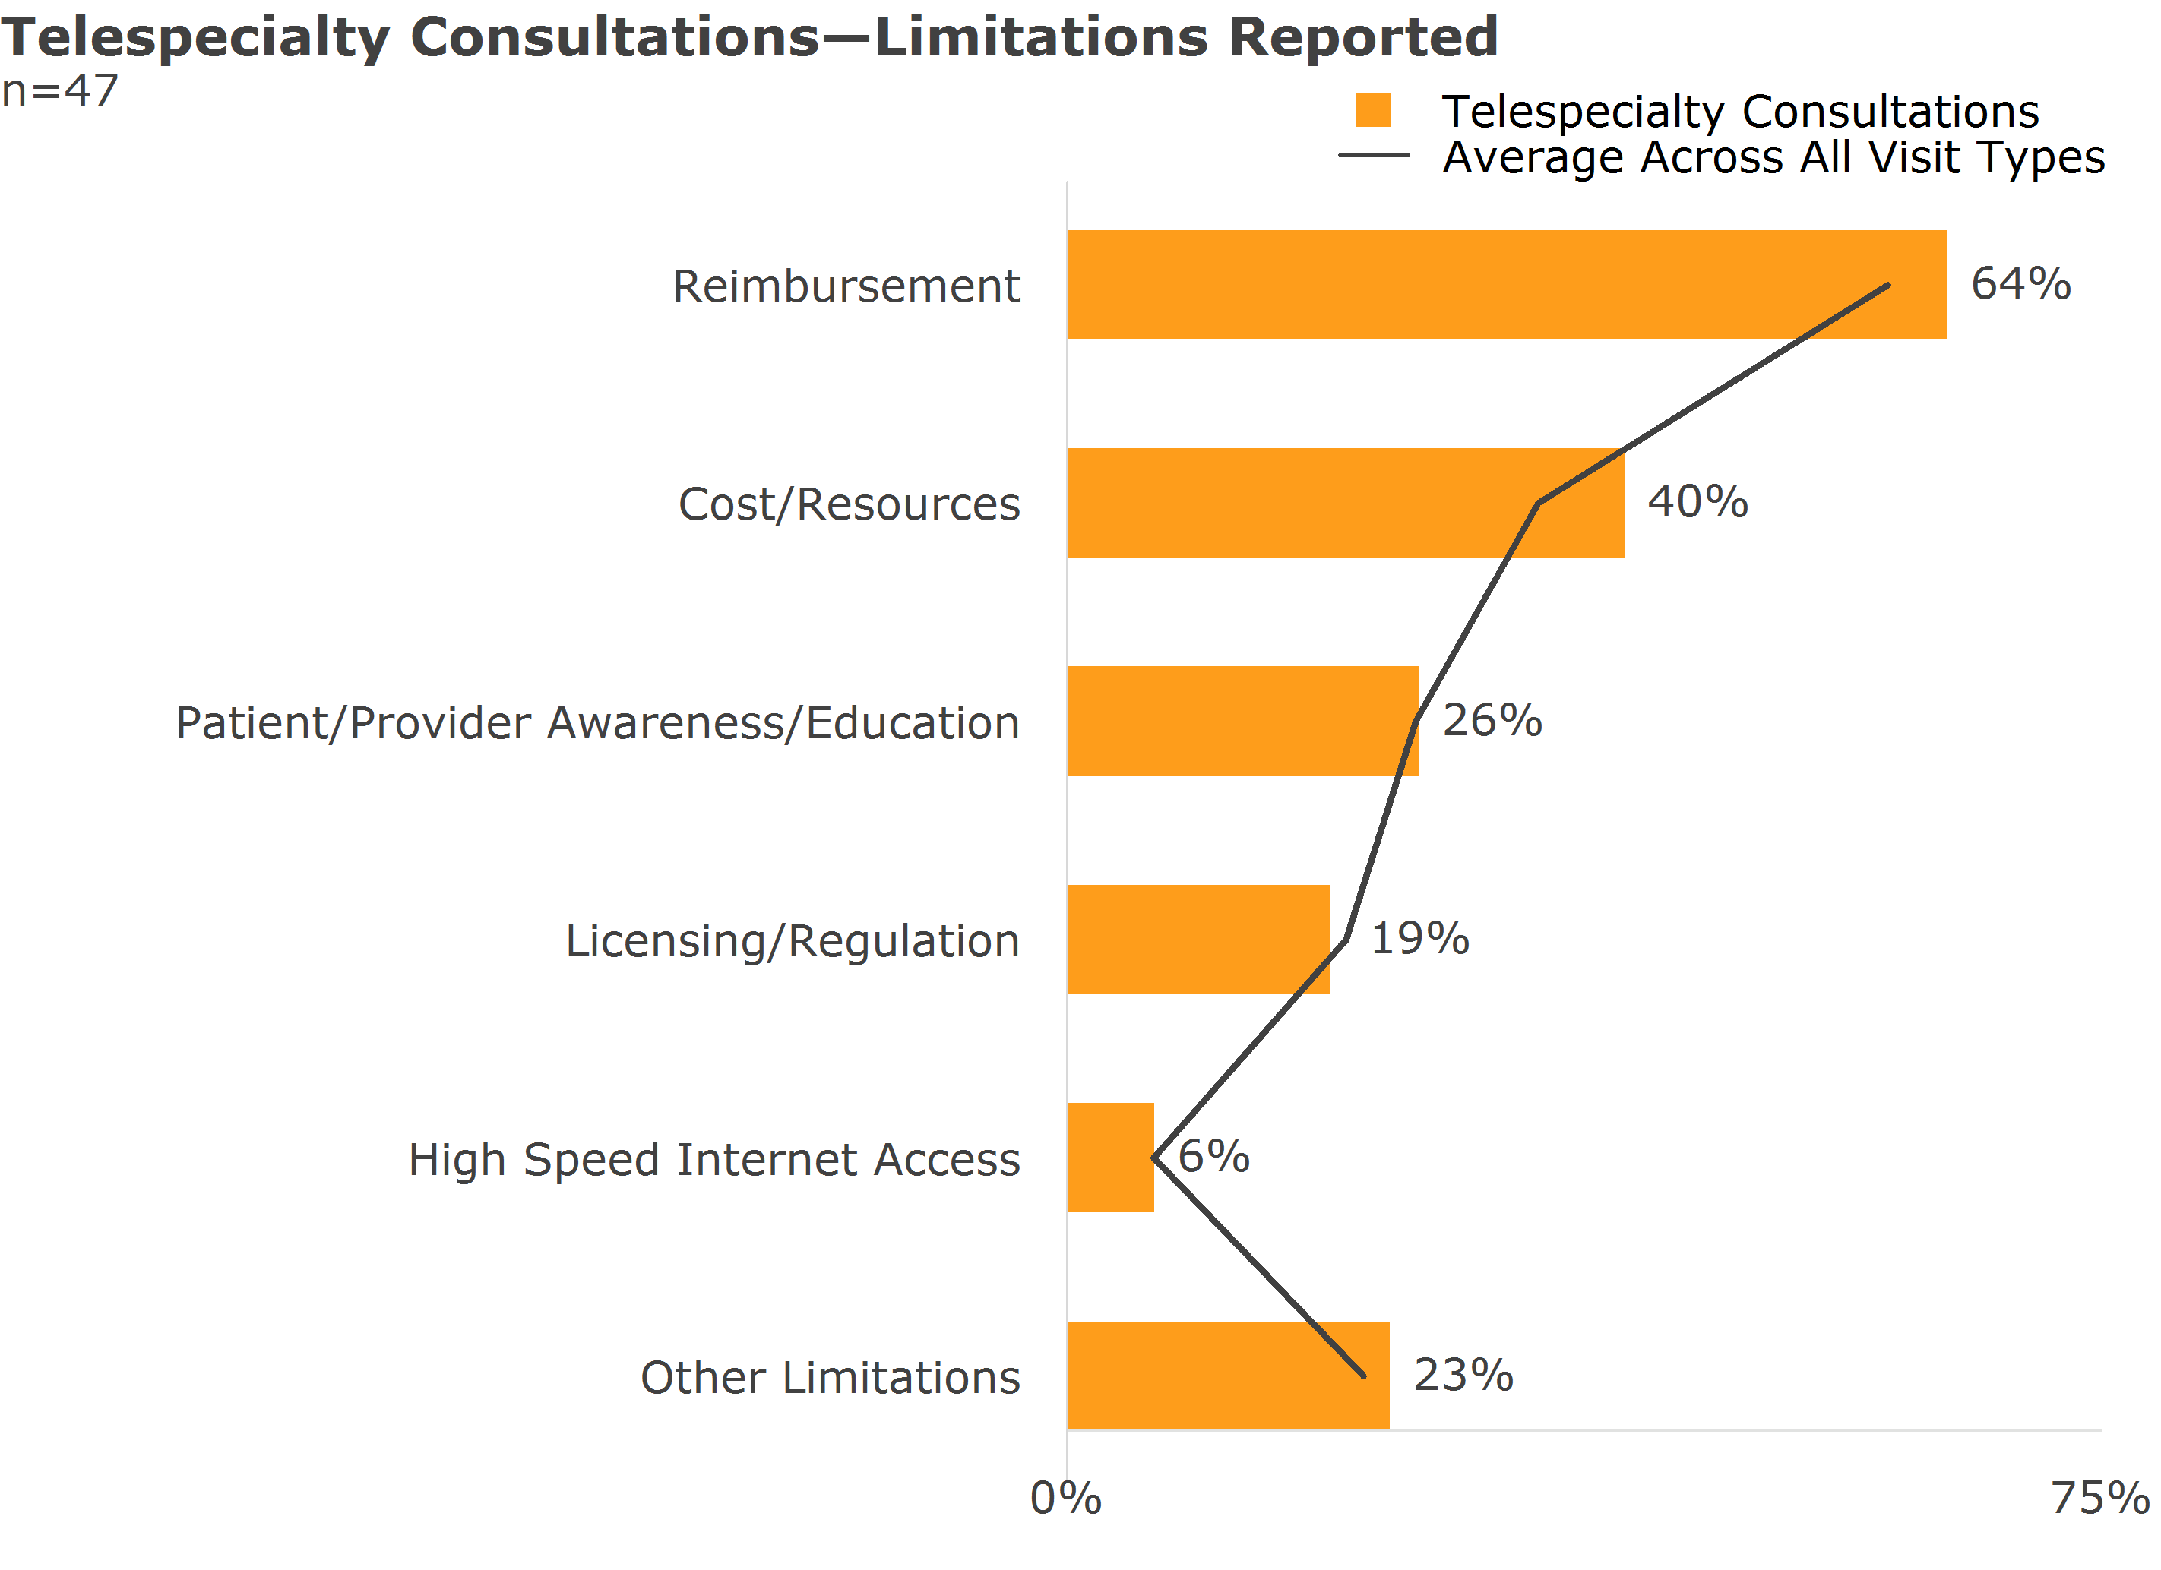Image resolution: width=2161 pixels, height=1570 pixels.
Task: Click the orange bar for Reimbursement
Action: [x=1505, y=284]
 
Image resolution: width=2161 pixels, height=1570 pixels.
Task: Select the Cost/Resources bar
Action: [x=1344, y=502]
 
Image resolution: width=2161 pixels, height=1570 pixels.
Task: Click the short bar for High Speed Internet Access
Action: [x=1110, y=1158]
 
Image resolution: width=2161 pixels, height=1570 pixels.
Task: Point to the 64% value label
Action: [x=2020, y=283]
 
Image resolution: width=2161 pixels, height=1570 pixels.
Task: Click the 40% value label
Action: [x=1698, y=501]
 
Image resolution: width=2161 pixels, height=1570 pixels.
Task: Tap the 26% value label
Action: [x=1492, y=719]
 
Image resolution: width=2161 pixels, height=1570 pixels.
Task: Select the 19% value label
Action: [x=1419, y=938]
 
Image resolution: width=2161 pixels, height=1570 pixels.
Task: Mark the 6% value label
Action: [x=1213, y=1157]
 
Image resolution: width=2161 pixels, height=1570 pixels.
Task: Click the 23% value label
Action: [x=1463, y=1375]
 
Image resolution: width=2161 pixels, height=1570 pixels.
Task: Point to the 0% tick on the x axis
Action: [x=1066, y=1499]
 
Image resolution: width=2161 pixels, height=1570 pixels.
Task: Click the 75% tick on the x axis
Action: [x=2099, y=1499]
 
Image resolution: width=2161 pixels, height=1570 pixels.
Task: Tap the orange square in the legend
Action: [x=1373, y=109]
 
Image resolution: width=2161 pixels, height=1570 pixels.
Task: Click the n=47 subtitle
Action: [x=60, y=91]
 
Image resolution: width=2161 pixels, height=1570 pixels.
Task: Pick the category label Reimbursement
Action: [x=846, y=286]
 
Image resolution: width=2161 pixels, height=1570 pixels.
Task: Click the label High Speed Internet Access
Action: [x=713, y=1159]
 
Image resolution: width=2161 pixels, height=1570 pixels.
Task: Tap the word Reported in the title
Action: [x=1362, y=38]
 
